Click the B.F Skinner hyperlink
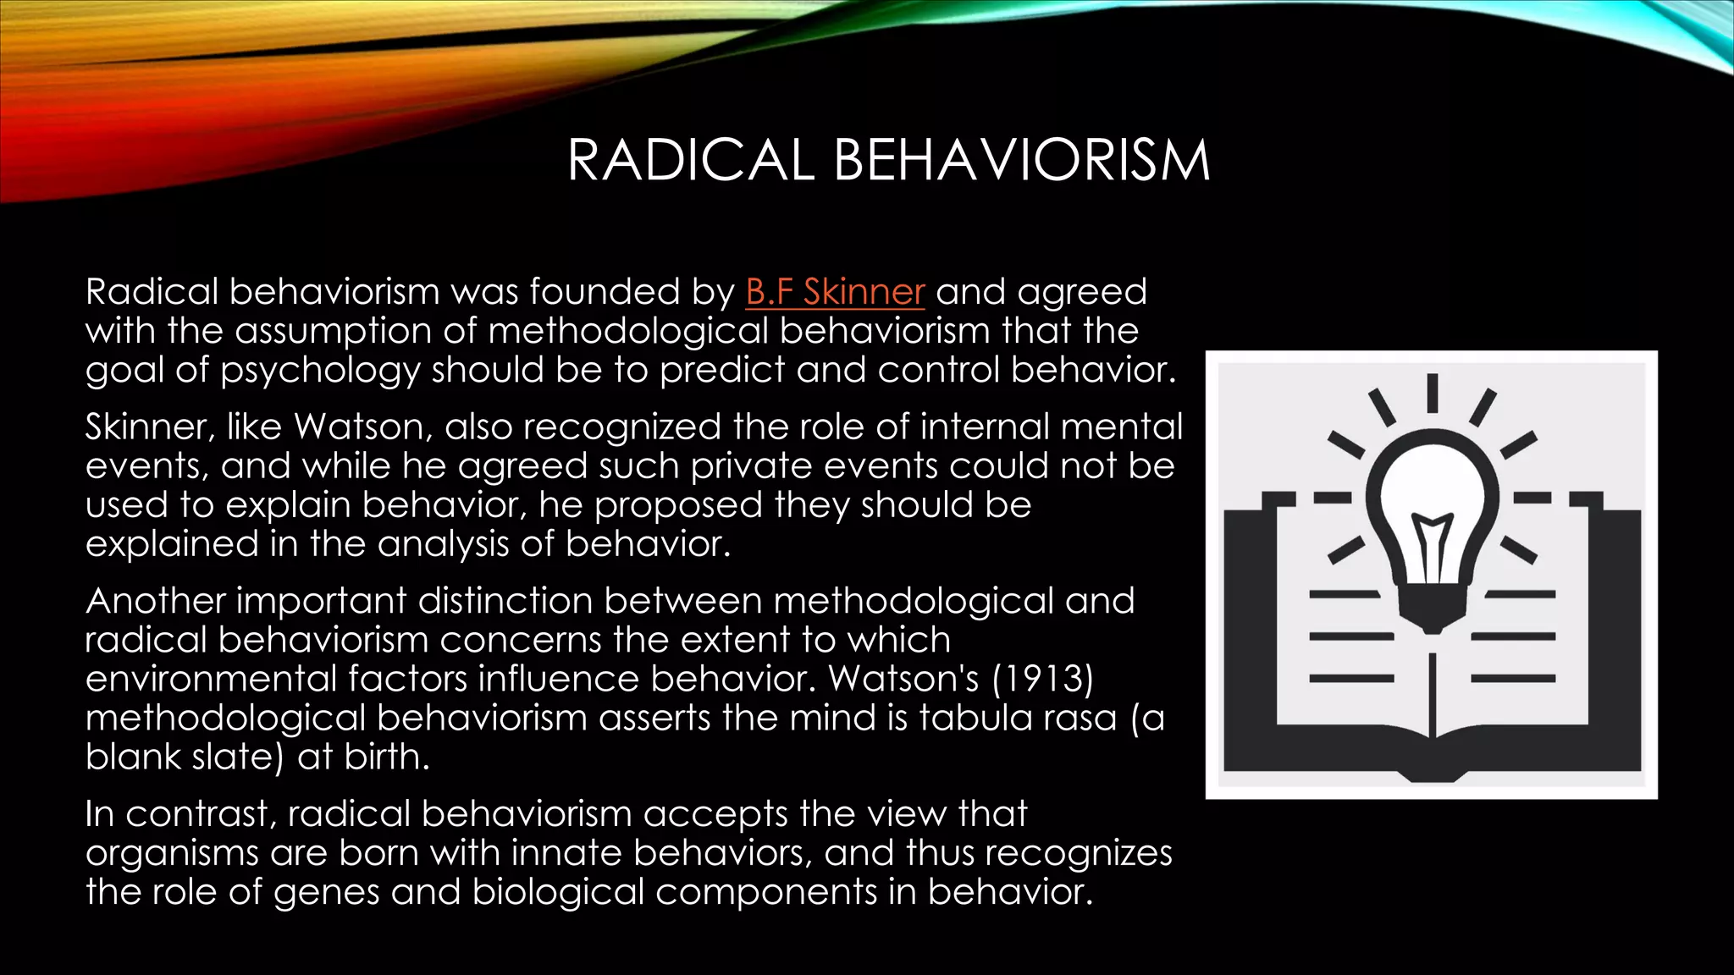pyautogui.click(x=835, y=292)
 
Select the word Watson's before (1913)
pyautogui.click(x=903, y=679)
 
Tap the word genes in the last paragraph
pyautogui.click(x=327, y=892)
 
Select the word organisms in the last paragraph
pyautogui.click(x=171, y=853)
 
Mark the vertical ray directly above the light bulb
pyautogui.click(x=1432, y=393)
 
